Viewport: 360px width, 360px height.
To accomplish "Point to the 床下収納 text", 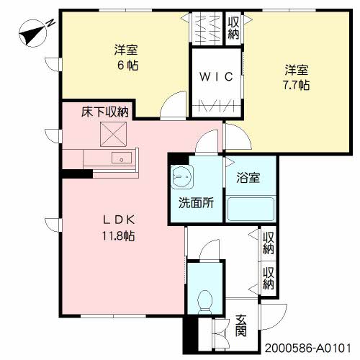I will [104, 111].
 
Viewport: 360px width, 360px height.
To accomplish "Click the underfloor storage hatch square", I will [112, 134].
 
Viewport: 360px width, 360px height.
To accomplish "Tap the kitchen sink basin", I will [120, 158].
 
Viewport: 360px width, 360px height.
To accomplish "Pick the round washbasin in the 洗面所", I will [180, 176].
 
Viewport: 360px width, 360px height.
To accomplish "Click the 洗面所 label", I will [197, 202].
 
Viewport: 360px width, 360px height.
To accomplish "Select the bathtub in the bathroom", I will [251, 210].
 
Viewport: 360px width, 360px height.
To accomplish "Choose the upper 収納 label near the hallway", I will [268, 243].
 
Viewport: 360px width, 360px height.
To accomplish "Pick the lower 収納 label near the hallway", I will [268, 278].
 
